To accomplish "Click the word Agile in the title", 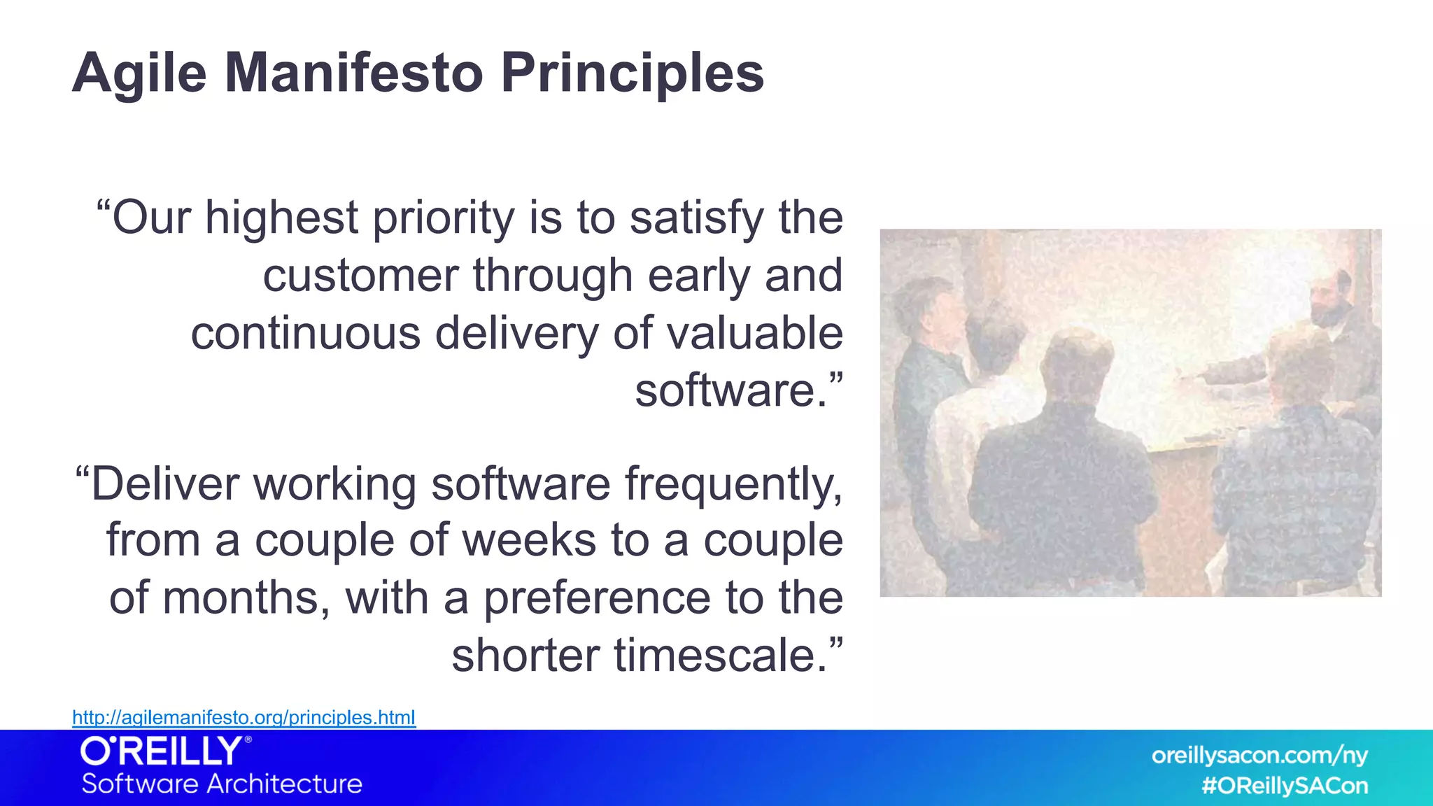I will point(139,73).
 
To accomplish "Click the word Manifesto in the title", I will point(353,73).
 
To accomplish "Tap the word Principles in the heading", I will point(632,73).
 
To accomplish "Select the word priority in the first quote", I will point(444,219).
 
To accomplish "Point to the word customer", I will point(360,276).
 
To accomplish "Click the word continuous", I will point(305,333).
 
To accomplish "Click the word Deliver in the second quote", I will point(166,484).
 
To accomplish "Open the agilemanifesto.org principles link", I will point(243,718).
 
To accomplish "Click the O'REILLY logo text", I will point(165,752).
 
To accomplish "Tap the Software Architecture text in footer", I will point(222,784).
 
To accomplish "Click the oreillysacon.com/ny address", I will point(1259,756).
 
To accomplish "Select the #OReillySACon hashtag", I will point(1284,786).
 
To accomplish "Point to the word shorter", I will point(525,656).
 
